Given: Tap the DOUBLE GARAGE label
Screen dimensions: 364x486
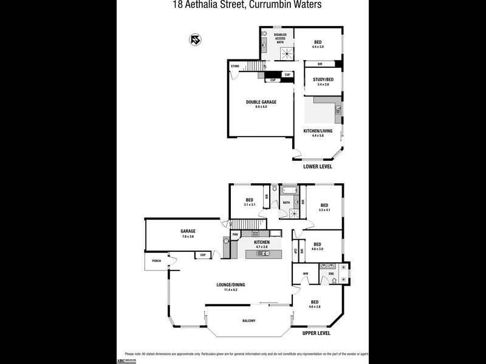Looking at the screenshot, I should [261, 102].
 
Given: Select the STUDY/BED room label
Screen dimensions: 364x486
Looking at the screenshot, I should [323, 79].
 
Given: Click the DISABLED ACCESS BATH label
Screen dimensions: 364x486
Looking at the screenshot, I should [280, 39].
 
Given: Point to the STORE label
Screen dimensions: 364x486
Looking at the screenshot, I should [235, 66].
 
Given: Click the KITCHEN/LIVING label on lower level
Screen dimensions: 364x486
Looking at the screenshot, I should [318, 130].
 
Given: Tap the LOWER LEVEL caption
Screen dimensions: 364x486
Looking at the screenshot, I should [317, 166].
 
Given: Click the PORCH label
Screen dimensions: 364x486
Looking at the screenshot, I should [157, 261].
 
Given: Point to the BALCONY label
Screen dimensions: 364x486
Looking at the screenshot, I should [248, 321].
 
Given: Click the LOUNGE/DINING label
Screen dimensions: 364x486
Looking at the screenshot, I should [230, 285].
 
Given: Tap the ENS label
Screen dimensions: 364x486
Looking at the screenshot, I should [332, 274].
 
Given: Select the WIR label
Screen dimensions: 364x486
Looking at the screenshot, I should [306, 274].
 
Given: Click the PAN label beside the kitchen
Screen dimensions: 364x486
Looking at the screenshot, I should [235, 234].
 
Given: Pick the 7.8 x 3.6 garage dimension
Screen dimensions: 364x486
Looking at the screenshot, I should [188, 236].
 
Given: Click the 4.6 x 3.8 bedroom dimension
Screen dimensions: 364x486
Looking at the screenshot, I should [315, 307].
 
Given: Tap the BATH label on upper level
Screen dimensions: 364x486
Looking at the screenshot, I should [286, 203].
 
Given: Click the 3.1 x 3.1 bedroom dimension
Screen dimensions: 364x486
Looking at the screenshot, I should [249, 204].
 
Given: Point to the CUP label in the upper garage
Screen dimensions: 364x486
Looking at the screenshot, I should [202, 255].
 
